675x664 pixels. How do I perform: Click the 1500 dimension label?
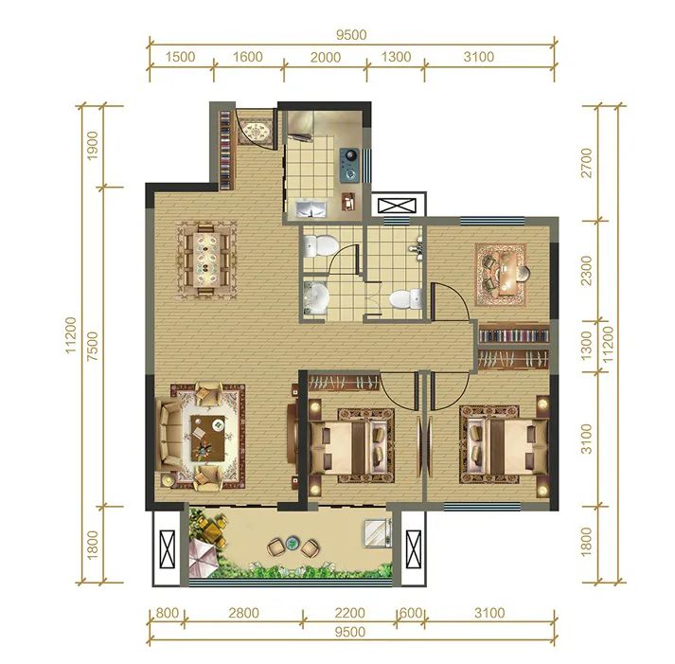pyautogui.click(x=180, y=57)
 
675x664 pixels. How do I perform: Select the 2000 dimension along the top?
pyautogui.click(x=325, y=57)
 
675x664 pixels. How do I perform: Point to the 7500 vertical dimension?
pyautogui.click(x=94, y=347)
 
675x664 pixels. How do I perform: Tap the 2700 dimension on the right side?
pyautogui.click(x=587, y=163)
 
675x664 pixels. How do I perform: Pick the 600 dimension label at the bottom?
pyautogui.click(x=411, y=612)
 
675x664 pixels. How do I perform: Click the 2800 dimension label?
pyautogui.click(x=243, y=612)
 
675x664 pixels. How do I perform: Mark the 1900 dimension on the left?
pyautogui.click(x=93, y=146)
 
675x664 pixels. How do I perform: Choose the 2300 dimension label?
pyautogui.click(x=587, y=270)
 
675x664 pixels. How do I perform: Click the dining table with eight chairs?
pyautogui.click(x=206, y=260)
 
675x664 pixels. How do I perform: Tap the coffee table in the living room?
pyautogui.click(x=208, y=439)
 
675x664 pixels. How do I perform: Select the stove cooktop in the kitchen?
pyautogui.click(x=349, y=164)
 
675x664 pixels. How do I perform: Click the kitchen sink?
pyautogui.click(x=311, y=208)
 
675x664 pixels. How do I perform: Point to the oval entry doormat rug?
pyautogui.click(x=256, y=131)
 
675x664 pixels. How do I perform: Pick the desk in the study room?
pyautogui.click(x=508, y=274)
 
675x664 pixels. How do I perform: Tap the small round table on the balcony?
pyautogui.click(x=293, y=544)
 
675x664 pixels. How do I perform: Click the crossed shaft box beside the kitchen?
pyautogui.click(x=398, y=205)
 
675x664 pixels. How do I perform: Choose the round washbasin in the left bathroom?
pyautogui.click(x=317, y=297)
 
